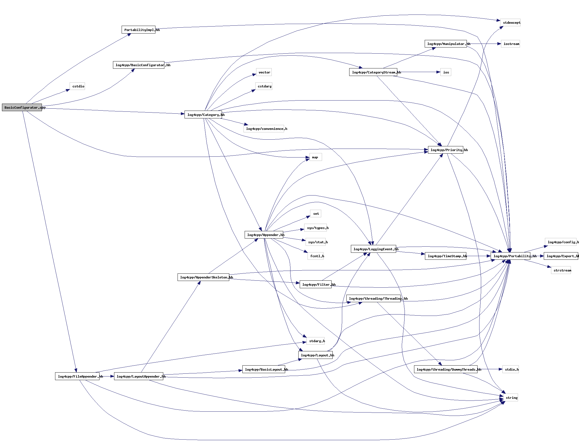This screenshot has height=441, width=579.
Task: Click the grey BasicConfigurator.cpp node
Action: point(22,108)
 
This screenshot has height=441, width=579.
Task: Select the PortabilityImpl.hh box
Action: point(138,30)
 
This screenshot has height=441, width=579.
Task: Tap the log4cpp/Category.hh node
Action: point(203,115)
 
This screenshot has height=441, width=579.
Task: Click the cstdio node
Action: point(77,86)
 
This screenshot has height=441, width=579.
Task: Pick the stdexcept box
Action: point(510,23)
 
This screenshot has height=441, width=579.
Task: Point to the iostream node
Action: point(510,44)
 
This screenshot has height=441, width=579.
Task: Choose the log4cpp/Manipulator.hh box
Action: point(446,44)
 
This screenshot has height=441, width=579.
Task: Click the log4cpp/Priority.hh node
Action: point(445,150)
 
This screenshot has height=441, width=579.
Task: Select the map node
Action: point(315,157)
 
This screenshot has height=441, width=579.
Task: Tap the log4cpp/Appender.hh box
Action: point(264,235)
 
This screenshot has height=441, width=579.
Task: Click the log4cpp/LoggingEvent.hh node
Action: point(374,249)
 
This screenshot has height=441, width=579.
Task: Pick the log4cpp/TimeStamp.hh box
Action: point(446,256)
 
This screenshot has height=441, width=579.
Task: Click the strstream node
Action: point(561,270)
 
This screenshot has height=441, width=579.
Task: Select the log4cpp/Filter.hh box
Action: point(315,285)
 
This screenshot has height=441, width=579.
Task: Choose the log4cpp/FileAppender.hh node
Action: point(77,376)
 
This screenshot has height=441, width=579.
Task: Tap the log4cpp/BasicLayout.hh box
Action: point(264,370)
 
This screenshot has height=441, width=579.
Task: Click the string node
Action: point(511,398)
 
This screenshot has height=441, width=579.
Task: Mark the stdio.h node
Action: point(511,370)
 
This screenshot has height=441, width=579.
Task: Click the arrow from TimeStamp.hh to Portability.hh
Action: point(478,256)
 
